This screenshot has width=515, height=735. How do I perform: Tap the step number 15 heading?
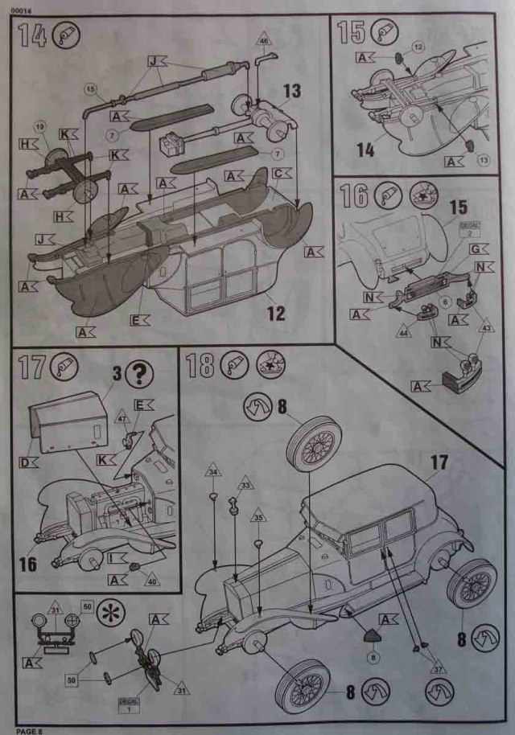[352, 33]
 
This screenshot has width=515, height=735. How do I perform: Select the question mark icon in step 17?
[141, 373]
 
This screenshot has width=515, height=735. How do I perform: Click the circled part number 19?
[39, 125]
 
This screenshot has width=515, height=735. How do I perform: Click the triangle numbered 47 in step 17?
[121, 419]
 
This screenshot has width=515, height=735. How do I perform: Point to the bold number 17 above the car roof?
[439, 462]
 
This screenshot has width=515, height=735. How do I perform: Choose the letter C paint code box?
[278, 173]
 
